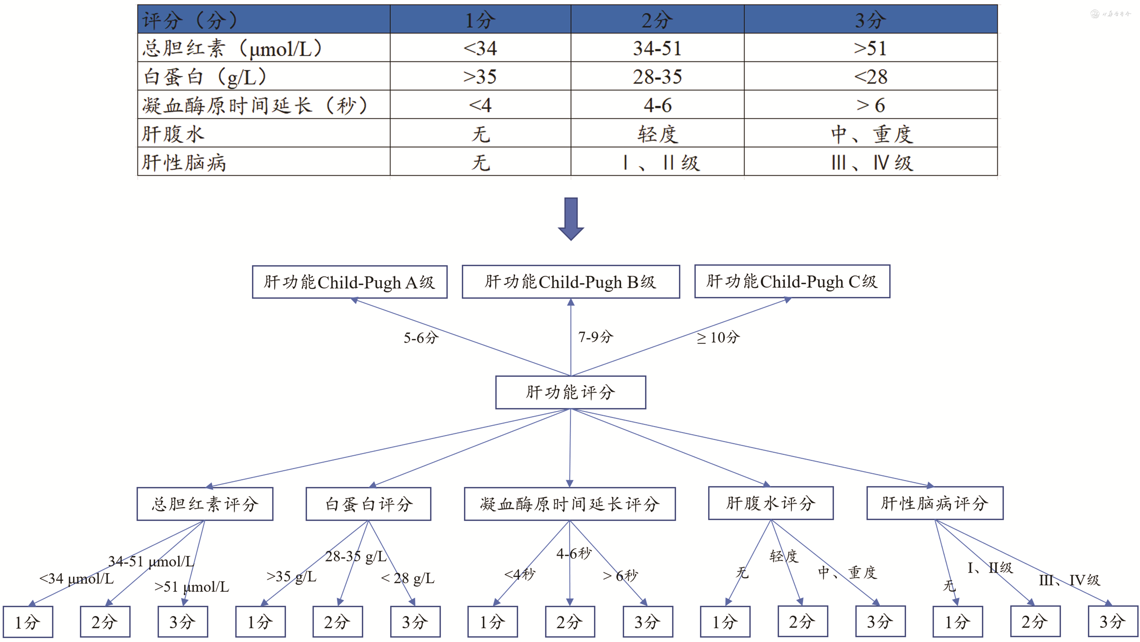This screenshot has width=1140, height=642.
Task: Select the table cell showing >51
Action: (871, 48)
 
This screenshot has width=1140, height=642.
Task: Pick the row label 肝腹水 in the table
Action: (173, 134)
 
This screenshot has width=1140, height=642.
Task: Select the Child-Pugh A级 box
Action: (350, 282)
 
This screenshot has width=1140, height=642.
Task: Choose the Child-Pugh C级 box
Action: (792, 281)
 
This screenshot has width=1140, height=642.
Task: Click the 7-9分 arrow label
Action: (596, 337)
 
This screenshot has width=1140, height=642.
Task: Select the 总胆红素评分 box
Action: (205, 504)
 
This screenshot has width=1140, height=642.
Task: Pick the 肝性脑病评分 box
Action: (935, 503)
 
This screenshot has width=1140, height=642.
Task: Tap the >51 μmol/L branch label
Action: (192, 587)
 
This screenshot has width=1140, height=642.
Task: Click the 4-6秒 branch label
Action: (574, 553)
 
